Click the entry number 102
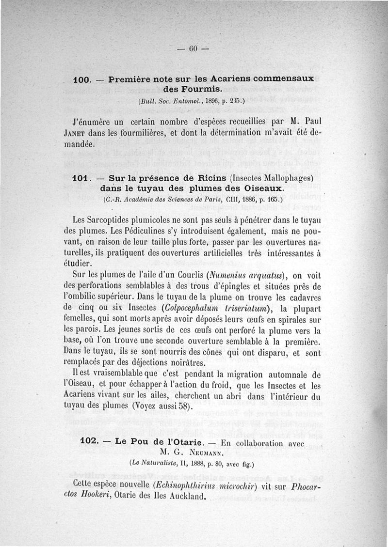tap(88, 442)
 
